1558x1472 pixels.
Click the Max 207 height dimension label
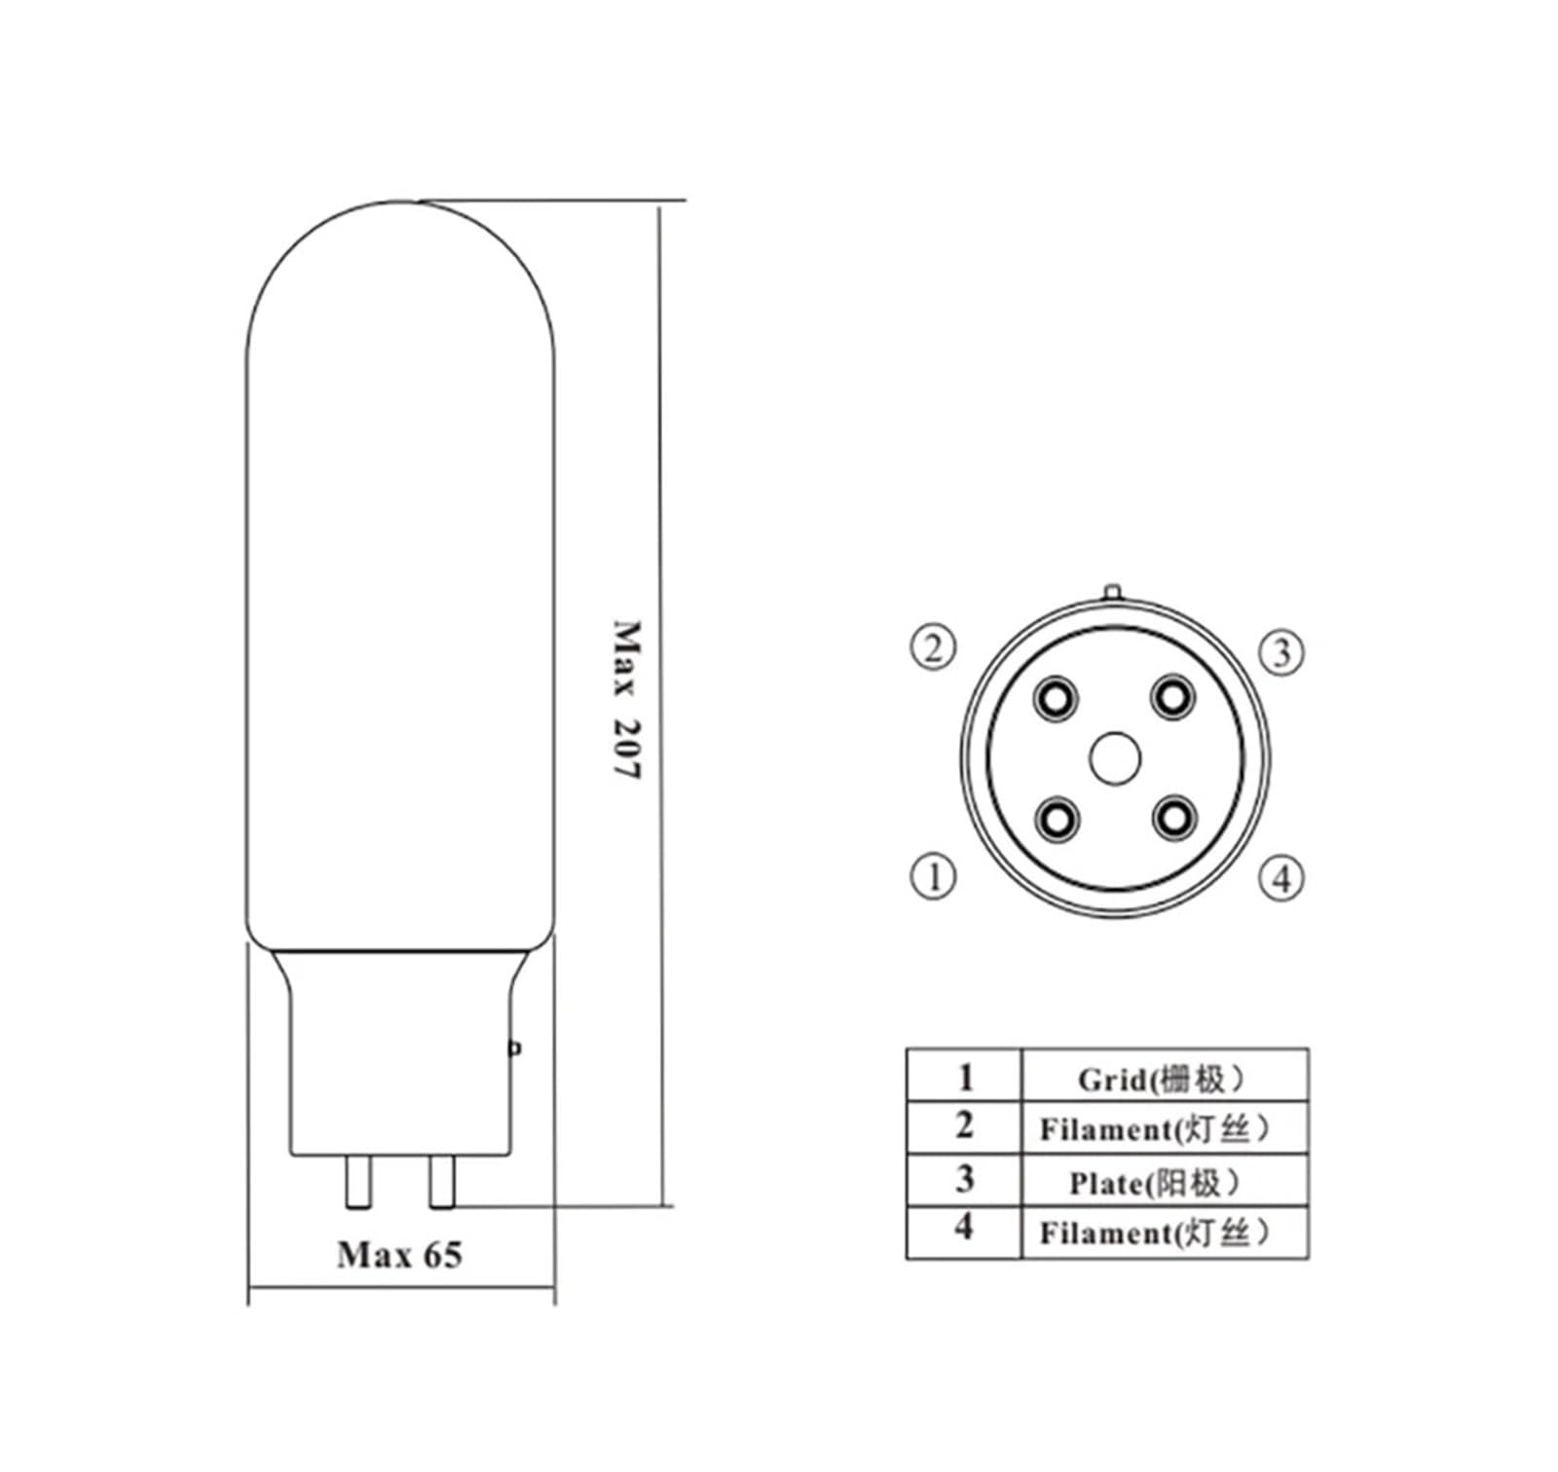coord(627,700)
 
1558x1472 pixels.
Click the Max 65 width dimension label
coord(399,1255)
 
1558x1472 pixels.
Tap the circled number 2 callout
coord(933,647)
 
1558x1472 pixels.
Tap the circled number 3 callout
coord(1281,652)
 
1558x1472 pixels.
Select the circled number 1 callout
coord(933,876)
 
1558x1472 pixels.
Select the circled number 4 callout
coord(1281,878)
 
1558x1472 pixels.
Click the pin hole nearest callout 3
coord(1172,696)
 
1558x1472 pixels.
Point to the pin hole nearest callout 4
coord(1172,818)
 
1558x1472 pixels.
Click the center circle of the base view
coord(1114,758)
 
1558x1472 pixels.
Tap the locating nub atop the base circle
coord(1113,592)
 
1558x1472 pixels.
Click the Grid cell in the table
coord(1163,1079)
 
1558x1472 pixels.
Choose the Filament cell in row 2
coord(1155,1129)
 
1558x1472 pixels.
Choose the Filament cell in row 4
coord(1155,1233)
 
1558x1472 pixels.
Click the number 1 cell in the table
coord(964,1077)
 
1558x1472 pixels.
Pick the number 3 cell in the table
coord(964,1179)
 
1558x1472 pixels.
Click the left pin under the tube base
coord(358,1181)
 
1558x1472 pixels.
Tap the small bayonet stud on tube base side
coord(516,1048)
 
